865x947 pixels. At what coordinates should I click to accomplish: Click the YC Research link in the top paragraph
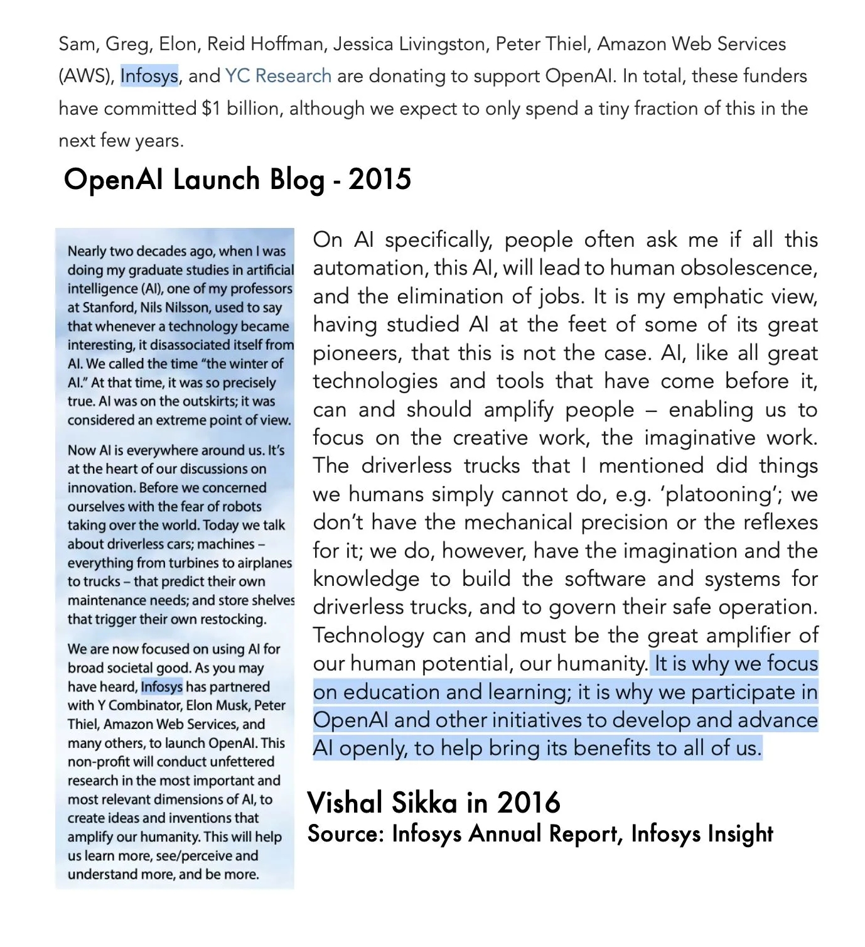pos(278,76)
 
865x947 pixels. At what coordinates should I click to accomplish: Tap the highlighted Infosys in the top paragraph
pos(149,76)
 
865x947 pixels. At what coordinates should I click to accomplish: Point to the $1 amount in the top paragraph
pos(211,108)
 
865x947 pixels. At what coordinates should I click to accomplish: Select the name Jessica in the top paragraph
pos(363,44)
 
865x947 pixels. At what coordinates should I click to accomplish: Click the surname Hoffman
pos(289,44)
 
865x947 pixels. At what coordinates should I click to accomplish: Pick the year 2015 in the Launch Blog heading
pos(380,180)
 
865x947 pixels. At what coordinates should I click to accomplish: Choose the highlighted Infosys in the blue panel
pos(162,687)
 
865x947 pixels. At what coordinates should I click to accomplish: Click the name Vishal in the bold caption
pos(345,803)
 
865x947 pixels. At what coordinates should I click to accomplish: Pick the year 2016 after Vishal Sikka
pos(529,803)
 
